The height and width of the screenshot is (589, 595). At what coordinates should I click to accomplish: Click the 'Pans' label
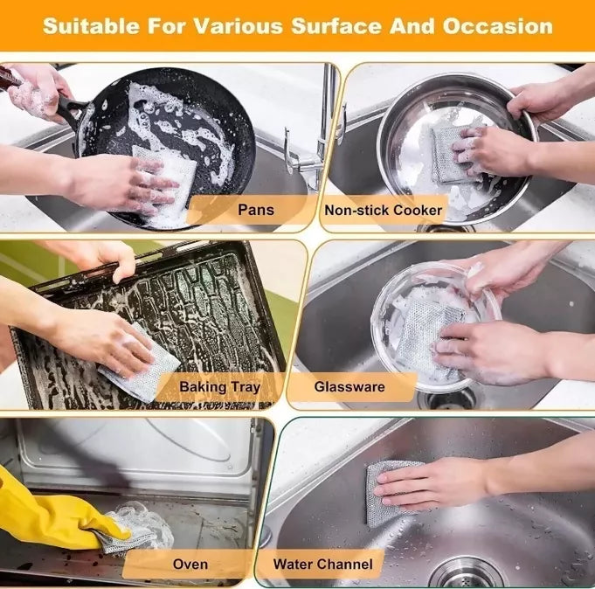[x=254, y=210]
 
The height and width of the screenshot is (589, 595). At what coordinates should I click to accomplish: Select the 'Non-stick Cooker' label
[x=383, y=211]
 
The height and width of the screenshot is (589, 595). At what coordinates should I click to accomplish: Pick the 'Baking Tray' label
[x=219, y=386]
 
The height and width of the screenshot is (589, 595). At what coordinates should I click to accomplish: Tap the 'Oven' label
[x=190, y=564]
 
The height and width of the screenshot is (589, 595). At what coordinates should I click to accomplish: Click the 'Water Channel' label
[x=322, y=564]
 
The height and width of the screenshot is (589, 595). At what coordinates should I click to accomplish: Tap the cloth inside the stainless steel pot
[x=450, y=153]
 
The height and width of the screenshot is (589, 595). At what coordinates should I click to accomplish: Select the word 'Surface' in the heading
[x=329, y=25]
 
